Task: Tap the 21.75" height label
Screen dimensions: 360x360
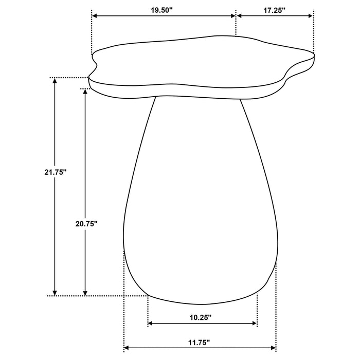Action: pos(56,173)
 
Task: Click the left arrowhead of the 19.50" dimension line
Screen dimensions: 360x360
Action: pos(95,16)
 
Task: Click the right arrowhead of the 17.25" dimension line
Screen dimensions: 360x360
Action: pos(310,16)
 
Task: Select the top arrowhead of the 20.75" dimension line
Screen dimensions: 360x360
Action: pos(85,92)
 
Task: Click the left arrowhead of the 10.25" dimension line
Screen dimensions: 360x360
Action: pos(151,323)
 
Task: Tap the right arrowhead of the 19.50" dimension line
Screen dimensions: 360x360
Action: pos(232,16)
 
